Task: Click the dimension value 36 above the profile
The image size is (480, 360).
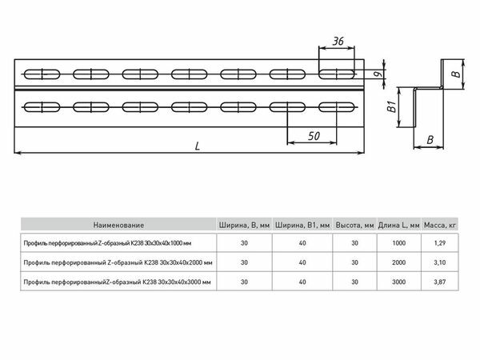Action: point(338,41)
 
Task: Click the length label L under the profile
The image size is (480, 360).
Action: point(198,146)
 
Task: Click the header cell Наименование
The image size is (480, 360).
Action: point(118,225)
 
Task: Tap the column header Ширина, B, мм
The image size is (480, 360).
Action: point(244,225)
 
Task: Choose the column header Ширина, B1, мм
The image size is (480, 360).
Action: point(302,225)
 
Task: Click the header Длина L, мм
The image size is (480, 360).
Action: point(399,225)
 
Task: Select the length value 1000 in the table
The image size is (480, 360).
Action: point(398,242)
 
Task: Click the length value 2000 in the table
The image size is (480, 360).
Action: point(398,262)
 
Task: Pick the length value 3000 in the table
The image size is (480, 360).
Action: point(398,281)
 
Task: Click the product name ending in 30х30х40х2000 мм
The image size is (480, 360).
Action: point(118,262)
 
